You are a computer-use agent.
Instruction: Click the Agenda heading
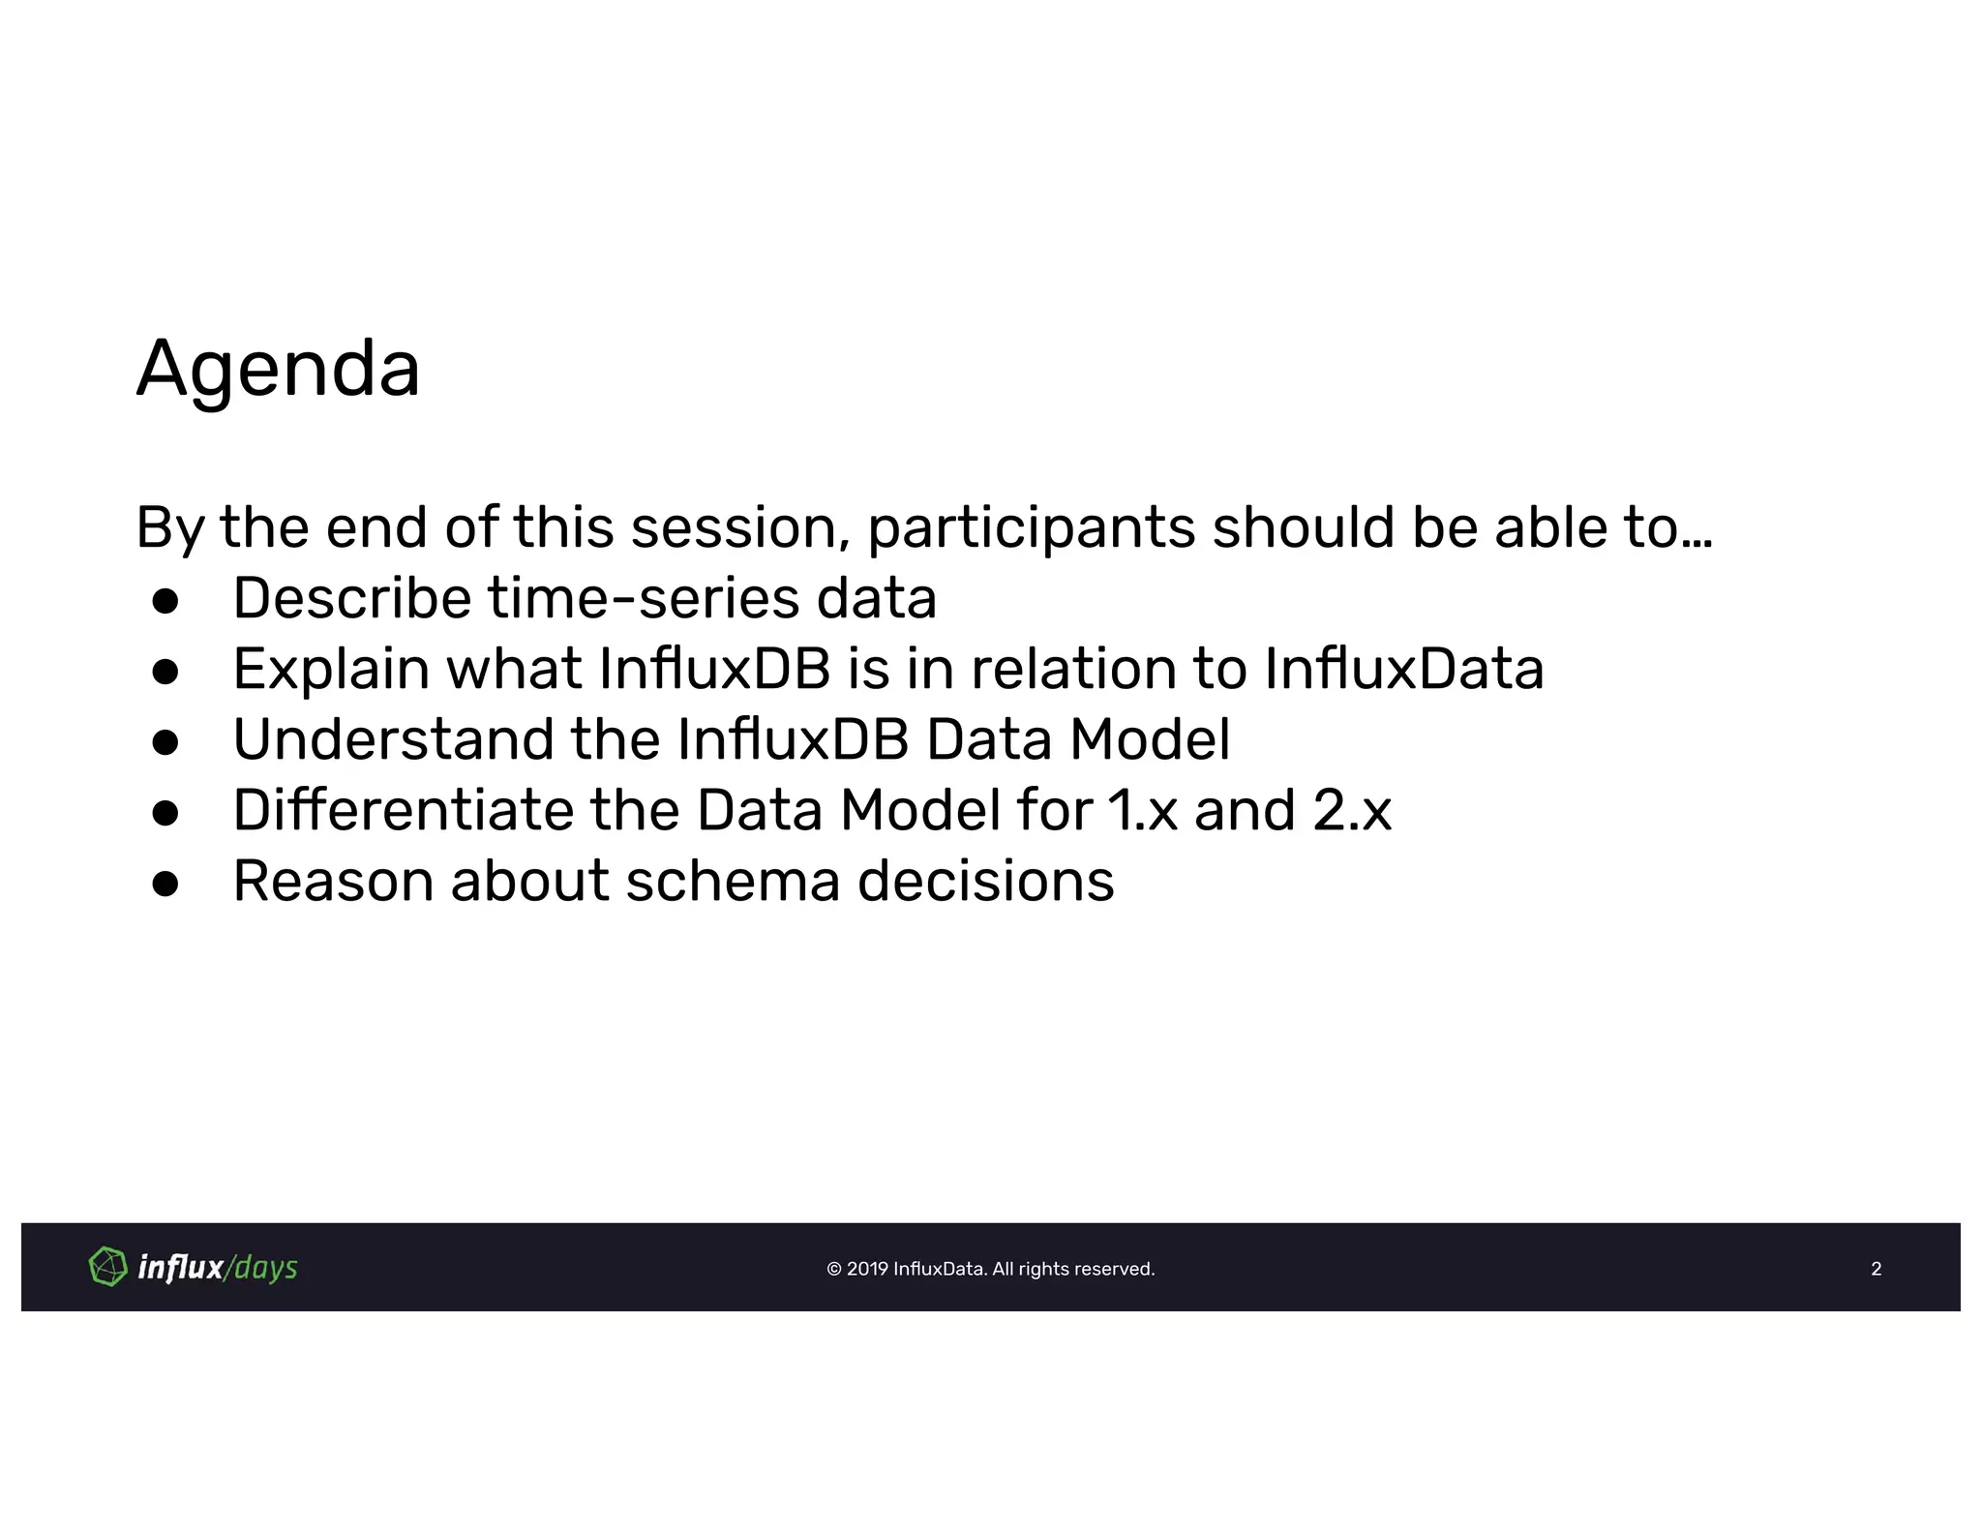click(x=278, y=369)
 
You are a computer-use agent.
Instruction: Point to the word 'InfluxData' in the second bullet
click(x=1403, y=669)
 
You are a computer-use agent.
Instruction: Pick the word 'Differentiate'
click(x=403, y=810)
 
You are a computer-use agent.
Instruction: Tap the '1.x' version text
click(x=1143, y=810)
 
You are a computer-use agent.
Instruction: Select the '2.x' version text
click(x=1352, y=810)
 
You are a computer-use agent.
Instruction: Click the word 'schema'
click(x=733, y=882)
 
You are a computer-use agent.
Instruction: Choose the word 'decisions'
click(x=985, y=882)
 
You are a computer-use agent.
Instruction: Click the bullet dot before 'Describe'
click(x=165, y=601)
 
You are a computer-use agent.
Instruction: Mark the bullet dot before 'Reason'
click(x=165, y=884)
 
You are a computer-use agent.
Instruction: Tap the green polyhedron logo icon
click(x=107, y=1267)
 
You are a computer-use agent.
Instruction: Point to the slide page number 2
click(x=1876, y=1269)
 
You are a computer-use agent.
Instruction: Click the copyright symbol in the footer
click(x=834, y=1269)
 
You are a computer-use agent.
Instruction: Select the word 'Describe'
click(x=351, y=598)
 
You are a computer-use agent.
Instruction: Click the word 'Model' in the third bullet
click(x=1150, y=739)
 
